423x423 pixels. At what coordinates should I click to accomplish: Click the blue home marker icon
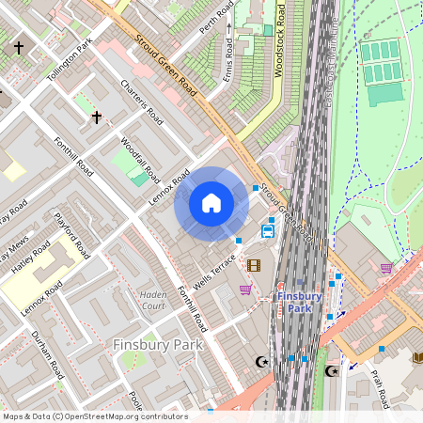click(x=211, y=202)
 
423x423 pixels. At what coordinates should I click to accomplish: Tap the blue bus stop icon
click(x=268, y=230)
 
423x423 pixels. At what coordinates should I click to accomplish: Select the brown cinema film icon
click(x=253, y=265)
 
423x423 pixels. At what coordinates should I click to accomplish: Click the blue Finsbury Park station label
click(x=300, y=302)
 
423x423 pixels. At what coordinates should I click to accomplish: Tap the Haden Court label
click(x=152, y=299)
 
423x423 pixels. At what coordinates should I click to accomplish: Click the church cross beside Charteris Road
click(x=96, y=117)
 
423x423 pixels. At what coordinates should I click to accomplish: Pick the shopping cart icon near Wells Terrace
click(x=245, y=290)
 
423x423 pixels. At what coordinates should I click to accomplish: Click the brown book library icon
click(x=417, y=357)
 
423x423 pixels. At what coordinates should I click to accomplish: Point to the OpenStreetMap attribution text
click(x=95, y=416)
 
